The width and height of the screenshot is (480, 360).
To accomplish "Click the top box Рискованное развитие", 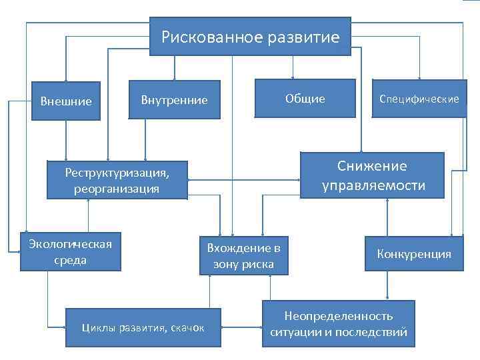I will (251, 37).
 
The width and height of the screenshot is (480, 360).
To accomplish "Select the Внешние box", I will (66, 102).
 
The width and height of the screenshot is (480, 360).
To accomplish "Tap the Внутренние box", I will (175, 100).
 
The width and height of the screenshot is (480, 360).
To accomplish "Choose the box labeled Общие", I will (305, 99).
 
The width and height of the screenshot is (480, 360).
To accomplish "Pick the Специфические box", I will (419, 99).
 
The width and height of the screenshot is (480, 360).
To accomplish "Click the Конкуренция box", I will (414, 254).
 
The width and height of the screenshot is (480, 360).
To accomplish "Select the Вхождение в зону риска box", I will (244, 256).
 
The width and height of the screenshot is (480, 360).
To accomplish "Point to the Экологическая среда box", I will (71, 251).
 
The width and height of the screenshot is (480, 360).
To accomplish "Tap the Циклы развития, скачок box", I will (143, 327).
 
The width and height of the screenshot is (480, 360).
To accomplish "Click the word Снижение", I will (371, 166).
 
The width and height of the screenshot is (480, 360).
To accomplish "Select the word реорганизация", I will (117, 189).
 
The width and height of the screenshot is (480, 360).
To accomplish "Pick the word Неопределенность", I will (339, 315).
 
